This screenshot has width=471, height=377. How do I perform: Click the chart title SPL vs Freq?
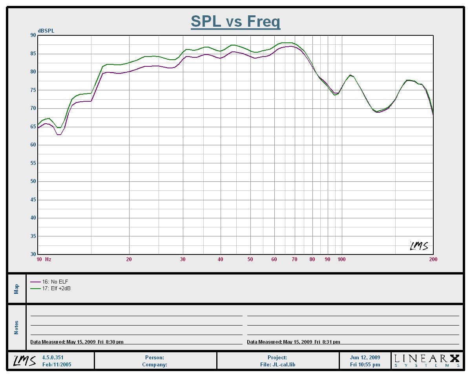pyautogui.click(x=235, y=22)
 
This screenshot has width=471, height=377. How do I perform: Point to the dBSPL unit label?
pyautogui.click(x=46, y=31)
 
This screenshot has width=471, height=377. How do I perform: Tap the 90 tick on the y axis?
pyautogui.click(x=33, y=35)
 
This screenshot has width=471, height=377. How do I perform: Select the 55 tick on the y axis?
pyautogui.click(x=33, y=163)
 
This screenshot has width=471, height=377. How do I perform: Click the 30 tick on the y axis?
pyautogui.click(x=33, y=254)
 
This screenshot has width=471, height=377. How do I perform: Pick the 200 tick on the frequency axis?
pyautogui.click(x=433, y=259)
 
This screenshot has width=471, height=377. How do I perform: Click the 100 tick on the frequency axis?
pyautogui.click(x=341, y=259)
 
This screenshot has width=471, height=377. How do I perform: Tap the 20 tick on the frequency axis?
pyautogui.click(x=129, y=259)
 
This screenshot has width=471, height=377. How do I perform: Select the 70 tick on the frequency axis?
pyautogui.click(x=294, y=259)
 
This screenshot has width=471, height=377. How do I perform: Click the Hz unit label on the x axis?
pyautogui.click(x=48, y=259)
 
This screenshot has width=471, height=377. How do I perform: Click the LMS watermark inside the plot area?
pyautogui.click(x=419, y=246)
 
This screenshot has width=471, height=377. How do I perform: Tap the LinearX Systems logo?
pyautogui.click(x=427, y=361)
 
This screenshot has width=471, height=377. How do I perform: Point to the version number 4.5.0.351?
pyautogui.click(x=53, y=357)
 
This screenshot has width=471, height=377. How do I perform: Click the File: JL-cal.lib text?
pyautogui.click(x=277, y=365)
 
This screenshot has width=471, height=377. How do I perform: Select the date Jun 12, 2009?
pyautogui.click(x=365, y=357)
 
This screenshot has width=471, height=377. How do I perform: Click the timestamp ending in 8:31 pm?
pyautogui.click(x=294, y=342)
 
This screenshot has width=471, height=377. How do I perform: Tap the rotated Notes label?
pyautogui.click(x=16, y=328)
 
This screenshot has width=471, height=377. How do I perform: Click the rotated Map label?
pyautogui.click(x=16, y=289)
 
